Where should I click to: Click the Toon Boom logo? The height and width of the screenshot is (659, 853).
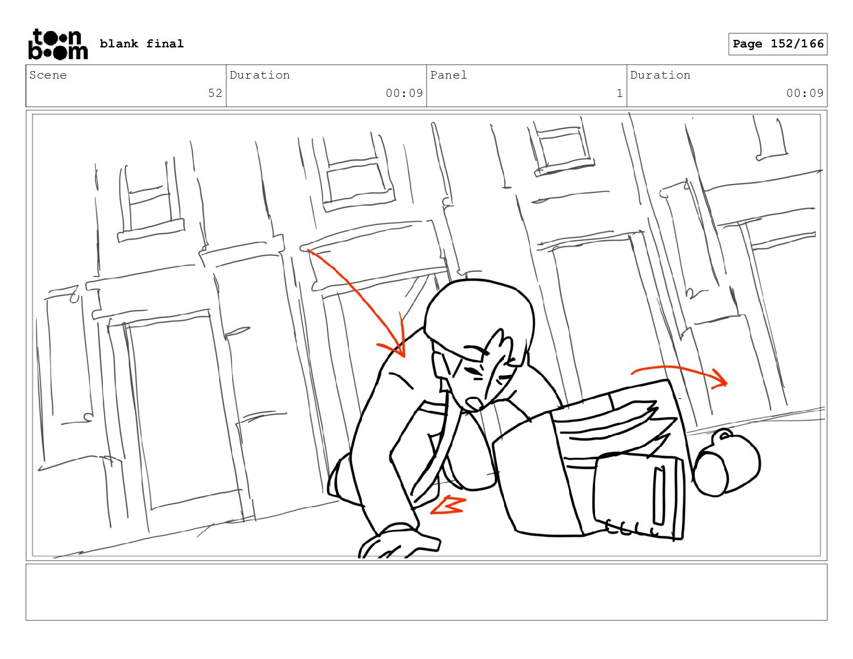[x=58, y=44]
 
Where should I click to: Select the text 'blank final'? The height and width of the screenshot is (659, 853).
[x=141, y=44]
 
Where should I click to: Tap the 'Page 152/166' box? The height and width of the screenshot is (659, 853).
[x=778, y=44]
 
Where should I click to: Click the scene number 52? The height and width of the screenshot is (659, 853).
[x=215, y=93]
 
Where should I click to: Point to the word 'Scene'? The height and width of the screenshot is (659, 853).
[x=48, y=75]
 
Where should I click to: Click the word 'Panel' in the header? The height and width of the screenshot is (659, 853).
[x=448, y=75]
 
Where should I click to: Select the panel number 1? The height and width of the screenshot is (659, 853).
[x=619, y=93]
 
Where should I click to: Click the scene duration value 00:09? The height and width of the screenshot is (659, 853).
[x=404, y=93]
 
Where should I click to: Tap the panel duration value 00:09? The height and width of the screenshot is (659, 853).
[x=805, y=93]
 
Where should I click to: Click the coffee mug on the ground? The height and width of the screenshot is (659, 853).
[x=726, y=462]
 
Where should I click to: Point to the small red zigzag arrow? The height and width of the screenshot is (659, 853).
[x=449, y=505]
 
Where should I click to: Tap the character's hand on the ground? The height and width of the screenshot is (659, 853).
[x=398, y=541]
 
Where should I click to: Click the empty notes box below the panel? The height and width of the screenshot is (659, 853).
[x=426, y=592]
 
